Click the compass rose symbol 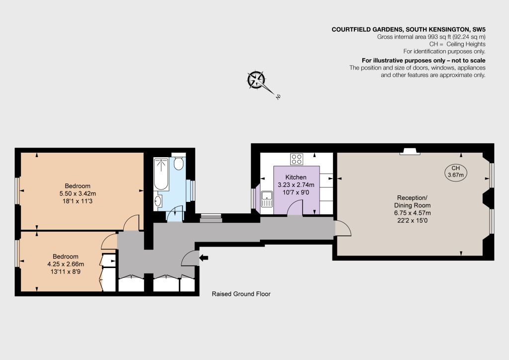(x=256, y=80)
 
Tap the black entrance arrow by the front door (x=203, y=258)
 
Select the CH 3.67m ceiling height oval (x=455, y=172)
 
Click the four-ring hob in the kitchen (x=297, y=159)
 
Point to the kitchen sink (x=267, y=199)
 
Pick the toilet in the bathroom (x=178, y=163)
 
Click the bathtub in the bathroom (x=161, y=174)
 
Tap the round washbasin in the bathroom (x=158, y=201)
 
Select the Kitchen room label (x=296, y=177)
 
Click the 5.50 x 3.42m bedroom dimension (x=78, y=194)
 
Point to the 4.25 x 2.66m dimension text (x=66, y=264)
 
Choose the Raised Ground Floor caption (x=241, y=294)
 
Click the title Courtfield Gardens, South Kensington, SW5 (x=409, y=29)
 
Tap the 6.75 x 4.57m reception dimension (x=412, y=213)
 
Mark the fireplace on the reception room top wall (x=410, y=151)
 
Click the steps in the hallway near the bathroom (x=211, y=218)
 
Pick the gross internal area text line (x=431, y=37)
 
